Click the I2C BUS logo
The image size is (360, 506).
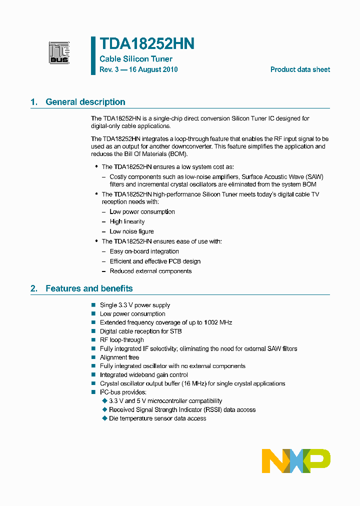point(59,53)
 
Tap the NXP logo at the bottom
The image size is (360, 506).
point(296,460)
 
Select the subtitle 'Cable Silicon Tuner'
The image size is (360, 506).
point(136,59)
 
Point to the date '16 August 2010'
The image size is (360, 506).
point(153,69)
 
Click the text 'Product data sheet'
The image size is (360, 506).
point(300,69)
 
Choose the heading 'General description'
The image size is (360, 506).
point(85,102)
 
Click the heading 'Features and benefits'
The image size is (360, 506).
point(89,288)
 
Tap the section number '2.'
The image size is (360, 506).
point(34,288)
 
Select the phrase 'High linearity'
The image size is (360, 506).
point(127,221)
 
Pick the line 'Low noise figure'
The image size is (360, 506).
point(131,231)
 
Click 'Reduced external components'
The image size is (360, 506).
point(150,271)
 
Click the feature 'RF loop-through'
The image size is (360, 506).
point(121,340)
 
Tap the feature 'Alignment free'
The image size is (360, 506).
point(119,357)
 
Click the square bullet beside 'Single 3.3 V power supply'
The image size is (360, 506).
point(93,305)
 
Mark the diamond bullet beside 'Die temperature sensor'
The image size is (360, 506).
point(104,418)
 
